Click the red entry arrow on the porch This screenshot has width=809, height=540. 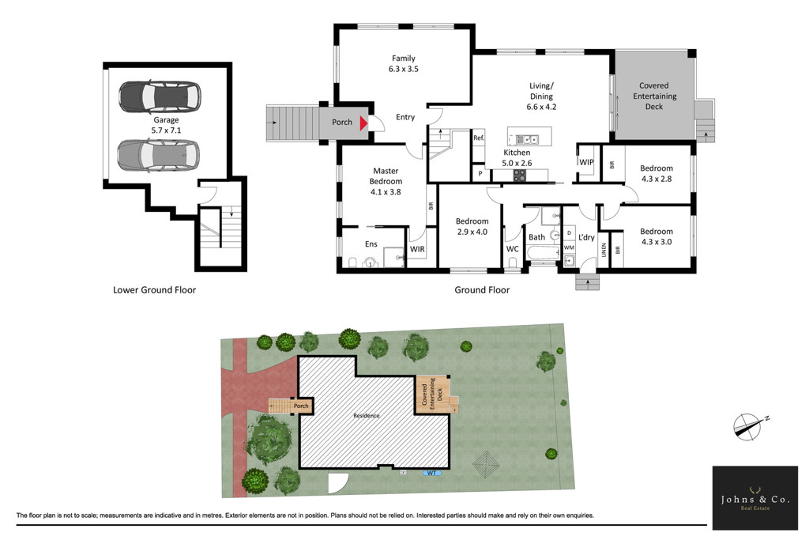point(363,123)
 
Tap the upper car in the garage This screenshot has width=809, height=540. point(160,96)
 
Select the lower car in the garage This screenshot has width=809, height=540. point(158,155)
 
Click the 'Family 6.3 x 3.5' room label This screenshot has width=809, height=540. point(404,63)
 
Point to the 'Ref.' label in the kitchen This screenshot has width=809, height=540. point(479,138)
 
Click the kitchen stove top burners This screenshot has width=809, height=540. point(520,176)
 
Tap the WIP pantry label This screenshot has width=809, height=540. point(587,162)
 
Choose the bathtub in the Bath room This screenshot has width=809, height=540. point(544,253)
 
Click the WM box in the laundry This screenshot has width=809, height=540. point(569,247)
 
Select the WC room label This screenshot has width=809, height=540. point(512,249)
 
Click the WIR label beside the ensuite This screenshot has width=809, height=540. point(417,249)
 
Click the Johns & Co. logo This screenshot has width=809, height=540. point(755,497)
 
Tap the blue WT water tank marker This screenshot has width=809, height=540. point(431,473)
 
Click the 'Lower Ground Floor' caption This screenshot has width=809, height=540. point(154,290)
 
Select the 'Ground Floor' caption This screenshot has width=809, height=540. point(482,290)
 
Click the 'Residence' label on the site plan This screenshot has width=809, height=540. point(367,416)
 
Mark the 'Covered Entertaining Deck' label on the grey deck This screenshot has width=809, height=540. point(654,96)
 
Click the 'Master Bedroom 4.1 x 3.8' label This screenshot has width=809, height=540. point(386,181)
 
